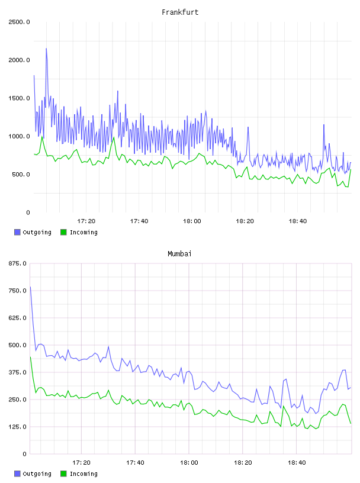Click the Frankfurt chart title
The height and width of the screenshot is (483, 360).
pos(180,12)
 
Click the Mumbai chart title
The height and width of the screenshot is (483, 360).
pos(179,253)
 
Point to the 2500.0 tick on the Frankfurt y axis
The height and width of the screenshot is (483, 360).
pos(19,22)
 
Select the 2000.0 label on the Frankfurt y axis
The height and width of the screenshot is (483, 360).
pos(19,60)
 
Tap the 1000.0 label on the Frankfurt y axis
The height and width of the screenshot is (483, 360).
pos(19,137)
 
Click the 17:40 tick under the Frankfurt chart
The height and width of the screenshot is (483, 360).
pos(139,221)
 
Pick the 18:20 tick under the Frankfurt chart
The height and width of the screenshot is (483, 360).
pos(245,221)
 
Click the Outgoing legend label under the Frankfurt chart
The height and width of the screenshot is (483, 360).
pos(37,232)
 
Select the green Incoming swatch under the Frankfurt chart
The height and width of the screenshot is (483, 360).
pos(63,232)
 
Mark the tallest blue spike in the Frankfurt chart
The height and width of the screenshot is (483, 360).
pos(47,49)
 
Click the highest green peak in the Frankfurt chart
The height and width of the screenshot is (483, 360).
pos(42,137)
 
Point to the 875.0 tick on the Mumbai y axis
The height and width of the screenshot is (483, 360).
pos(18,263)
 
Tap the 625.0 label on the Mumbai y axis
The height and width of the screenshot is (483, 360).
pos(18,318)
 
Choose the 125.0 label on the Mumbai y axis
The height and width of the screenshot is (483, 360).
pos(18,427)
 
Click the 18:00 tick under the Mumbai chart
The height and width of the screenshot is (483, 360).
pos(189,462)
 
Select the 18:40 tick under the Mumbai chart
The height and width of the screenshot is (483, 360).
pos(297,462)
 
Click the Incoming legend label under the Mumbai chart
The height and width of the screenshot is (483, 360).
pos(83,474)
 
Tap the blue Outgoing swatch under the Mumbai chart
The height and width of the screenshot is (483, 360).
pos(17,474)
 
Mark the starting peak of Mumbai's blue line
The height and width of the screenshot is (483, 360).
pos(30,286)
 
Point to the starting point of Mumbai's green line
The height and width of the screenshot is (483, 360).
pos(30,357)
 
